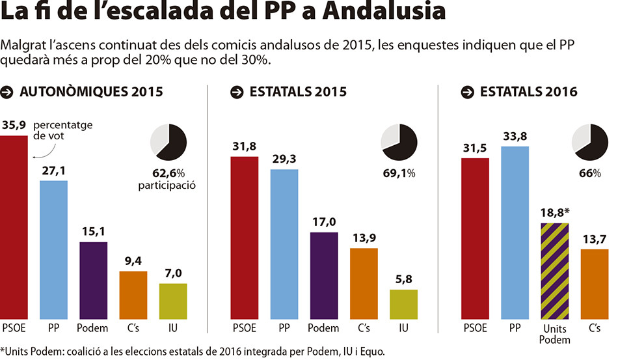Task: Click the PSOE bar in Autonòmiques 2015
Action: pyautogui.click(x=14, y=227)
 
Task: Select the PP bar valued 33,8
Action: pyautogui.click(x=515, y=232)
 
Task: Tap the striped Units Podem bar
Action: pyautogui.click(x=554, y=271)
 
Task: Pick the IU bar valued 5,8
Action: pyautogui.click(x=403, y=305)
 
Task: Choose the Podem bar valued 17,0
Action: pyautogui.click(x=324, y=275)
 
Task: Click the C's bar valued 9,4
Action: pyautogui.click(x=133, y=296)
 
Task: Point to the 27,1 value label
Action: pyautogui.click(x=53, y=171)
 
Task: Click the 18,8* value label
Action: pyautogui.click(x=555, y=213)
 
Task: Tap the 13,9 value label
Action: pyautogui.click(x=364, y=238)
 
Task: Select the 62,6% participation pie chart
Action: pyautogui.click(x=168, y=143)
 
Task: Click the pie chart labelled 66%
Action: pyautogui.click(x=589, y=143)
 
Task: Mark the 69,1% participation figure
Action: pyautogui.click(x=399, y=174)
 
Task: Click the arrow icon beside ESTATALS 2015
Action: pyautogui.click(x=237, y=92)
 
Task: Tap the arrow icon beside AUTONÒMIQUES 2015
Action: pyautogui.click(x=7, y=92)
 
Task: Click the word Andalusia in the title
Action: pyautogui.click(x=384, y=10)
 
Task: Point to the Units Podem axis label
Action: pyautogui.click(x=554, y=334)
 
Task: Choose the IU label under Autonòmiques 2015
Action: pyautogui.click(x=173, y=328)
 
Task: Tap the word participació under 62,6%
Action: pyautogui.click(x=167, y=186)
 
